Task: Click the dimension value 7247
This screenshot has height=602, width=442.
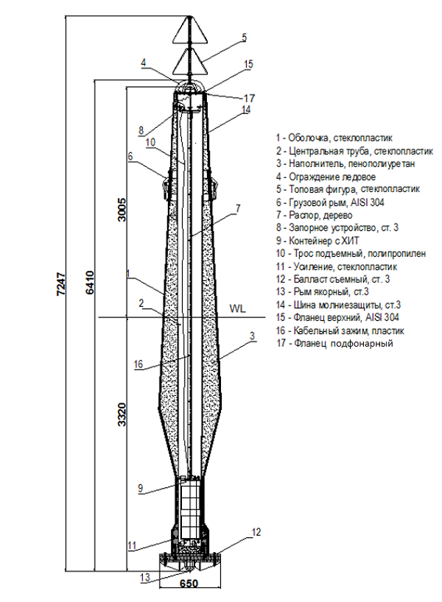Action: click(x=61, y=284)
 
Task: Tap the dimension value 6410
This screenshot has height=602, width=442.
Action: click(x=90, y=282)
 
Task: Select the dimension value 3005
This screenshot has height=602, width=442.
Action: click(x=122, y=210)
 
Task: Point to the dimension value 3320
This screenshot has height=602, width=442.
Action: click(x=122, y=414)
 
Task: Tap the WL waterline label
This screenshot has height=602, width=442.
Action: click(x=237, y=308)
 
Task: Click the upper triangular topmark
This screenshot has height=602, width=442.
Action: click(x=189, y=30)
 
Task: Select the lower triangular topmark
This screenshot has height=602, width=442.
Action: click(x=189, y=61)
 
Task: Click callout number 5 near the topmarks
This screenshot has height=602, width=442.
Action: click(x=244, y=38)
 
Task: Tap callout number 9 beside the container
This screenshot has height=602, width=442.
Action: click(x=141, y=488)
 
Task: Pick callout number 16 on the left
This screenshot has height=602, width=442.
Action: click(x=138, y=364)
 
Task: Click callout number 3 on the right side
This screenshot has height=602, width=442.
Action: click(x=252, y=336)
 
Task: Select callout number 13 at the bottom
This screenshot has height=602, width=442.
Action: click(x=145, y=577)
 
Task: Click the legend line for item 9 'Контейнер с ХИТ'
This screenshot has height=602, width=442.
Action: click(x=317, y=241)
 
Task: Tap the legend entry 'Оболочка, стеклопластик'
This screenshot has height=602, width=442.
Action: click(x=334, y=138)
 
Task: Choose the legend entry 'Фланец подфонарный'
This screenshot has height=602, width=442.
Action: click(x=334, y=343)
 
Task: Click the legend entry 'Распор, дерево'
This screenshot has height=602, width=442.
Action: click(x=314, y=215)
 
